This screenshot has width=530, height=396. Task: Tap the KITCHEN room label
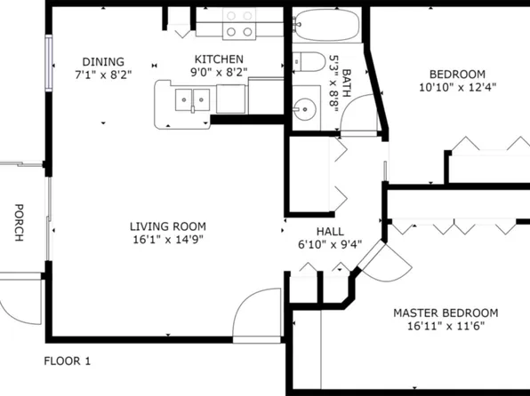click(219, 59)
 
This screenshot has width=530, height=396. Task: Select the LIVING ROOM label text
click(167, 226)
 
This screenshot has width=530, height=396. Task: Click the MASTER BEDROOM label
click(446, 313)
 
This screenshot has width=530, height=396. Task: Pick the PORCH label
click(19, 223)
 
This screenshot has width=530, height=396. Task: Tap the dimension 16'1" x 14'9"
click(167, 240)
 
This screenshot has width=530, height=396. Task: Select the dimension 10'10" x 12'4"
click(457, 87)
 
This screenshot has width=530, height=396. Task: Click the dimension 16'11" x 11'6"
click(446, 327)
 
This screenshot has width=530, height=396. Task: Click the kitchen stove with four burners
click(238, 23)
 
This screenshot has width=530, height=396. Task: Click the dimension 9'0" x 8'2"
click(219, 73)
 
